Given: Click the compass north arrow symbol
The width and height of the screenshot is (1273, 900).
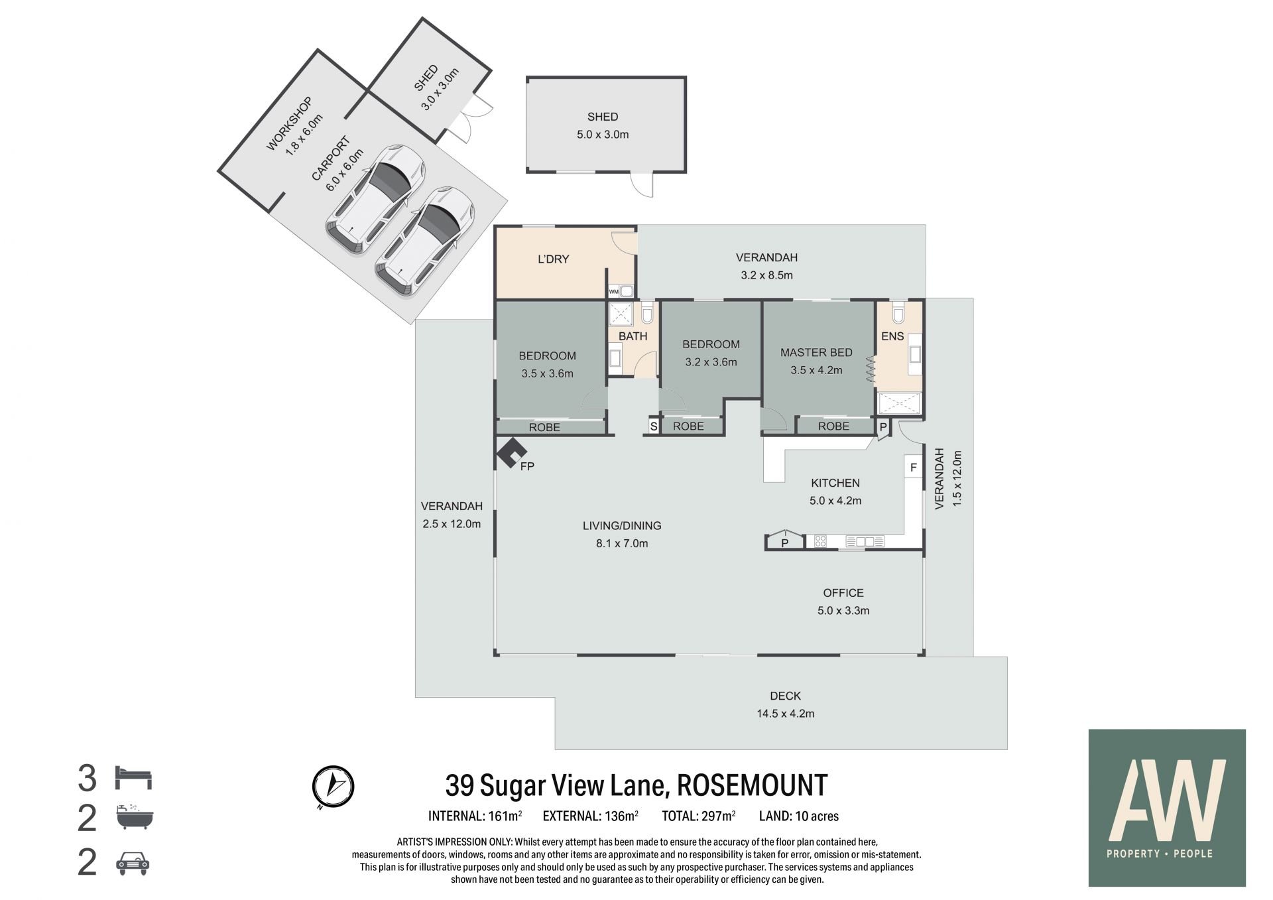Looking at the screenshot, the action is point(333,787).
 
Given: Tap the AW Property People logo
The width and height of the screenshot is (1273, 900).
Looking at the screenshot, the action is point(1167,808).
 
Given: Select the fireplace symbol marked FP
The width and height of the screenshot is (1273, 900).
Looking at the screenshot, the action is point(511,454).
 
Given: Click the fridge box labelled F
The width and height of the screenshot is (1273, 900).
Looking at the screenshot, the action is point(914,467).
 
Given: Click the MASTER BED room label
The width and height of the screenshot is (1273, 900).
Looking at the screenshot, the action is point(816,353).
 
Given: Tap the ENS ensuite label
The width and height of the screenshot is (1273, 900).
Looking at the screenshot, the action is point(892,336).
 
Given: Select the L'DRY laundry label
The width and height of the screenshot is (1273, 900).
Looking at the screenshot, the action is point(553,259).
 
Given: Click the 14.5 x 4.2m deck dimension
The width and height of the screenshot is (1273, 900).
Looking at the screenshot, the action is point(786,714).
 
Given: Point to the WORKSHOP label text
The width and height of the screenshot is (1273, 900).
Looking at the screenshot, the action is point(289,124).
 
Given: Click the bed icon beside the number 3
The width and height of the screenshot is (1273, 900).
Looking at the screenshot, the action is point(134,777).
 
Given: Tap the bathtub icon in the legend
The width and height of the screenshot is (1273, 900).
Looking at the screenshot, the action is point(135,818).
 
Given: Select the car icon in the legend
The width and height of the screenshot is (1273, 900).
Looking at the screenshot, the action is point(133,863).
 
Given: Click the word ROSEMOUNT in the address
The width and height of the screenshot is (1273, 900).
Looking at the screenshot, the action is point(751,785).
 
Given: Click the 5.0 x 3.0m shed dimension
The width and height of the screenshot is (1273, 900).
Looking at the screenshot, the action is point(603,135).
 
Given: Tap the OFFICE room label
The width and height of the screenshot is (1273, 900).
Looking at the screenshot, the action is point(843,593).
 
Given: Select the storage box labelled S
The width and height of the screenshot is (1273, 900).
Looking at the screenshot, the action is point(653,426).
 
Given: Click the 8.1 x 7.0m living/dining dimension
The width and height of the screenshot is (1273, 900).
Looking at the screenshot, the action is point(622,544).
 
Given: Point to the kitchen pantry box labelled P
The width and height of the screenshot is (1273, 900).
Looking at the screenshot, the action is point(785,542).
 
